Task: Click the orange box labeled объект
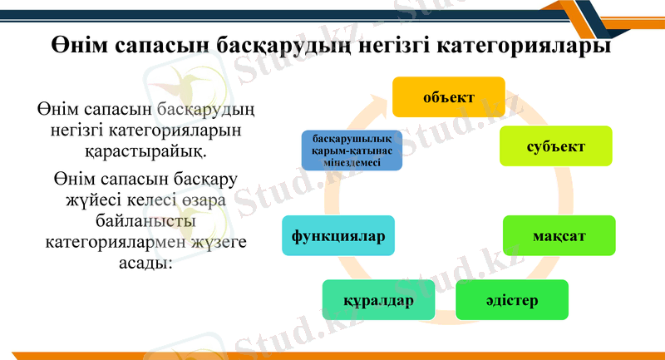tap(449, 97)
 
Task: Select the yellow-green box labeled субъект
tap(555, 146)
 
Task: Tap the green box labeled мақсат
tap(559, 236)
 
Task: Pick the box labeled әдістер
tap(511, 299)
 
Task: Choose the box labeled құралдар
tap(378, 300)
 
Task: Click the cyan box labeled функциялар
tap(337, 236)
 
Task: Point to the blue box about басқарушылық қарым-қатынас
tap(352, 150)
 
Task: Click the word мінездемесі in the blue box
tap(352, 163)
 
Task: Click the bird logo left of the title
tap(178, 83)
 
